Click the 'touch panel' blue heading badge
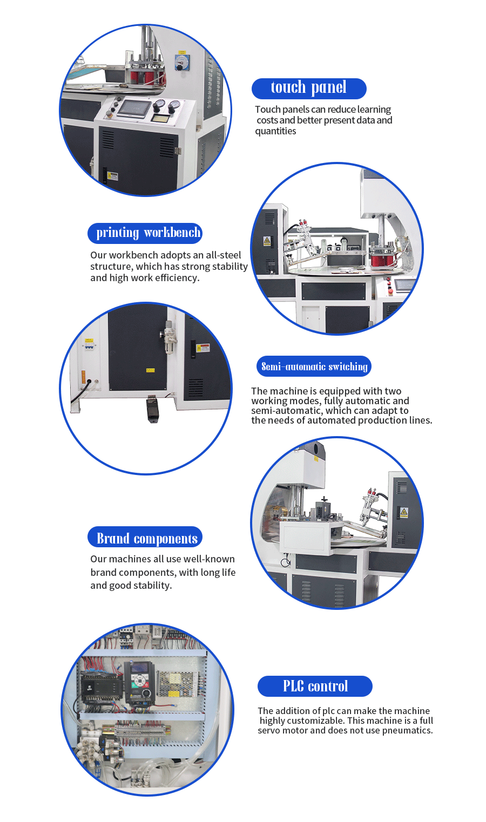(x=309, y=88)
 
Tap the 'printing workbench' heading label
(x=145, y=233)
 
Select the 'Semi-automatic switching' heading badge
(x=314, y=366)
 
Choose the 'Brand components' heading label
(x=145, y=538)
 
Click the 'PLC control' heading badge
(x=315, y=686)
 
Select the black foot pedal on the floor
(x=152, y=409)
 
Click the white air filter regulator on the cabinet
(x=169, y=337)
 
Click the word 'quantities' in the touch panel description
(x=275, y=131)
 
